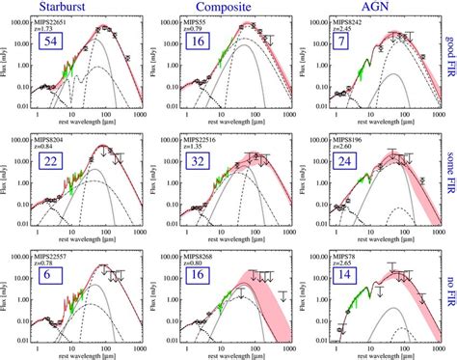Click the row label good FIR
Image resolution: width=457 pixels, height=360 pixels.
pyautogui.click(x=448, y=69)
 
